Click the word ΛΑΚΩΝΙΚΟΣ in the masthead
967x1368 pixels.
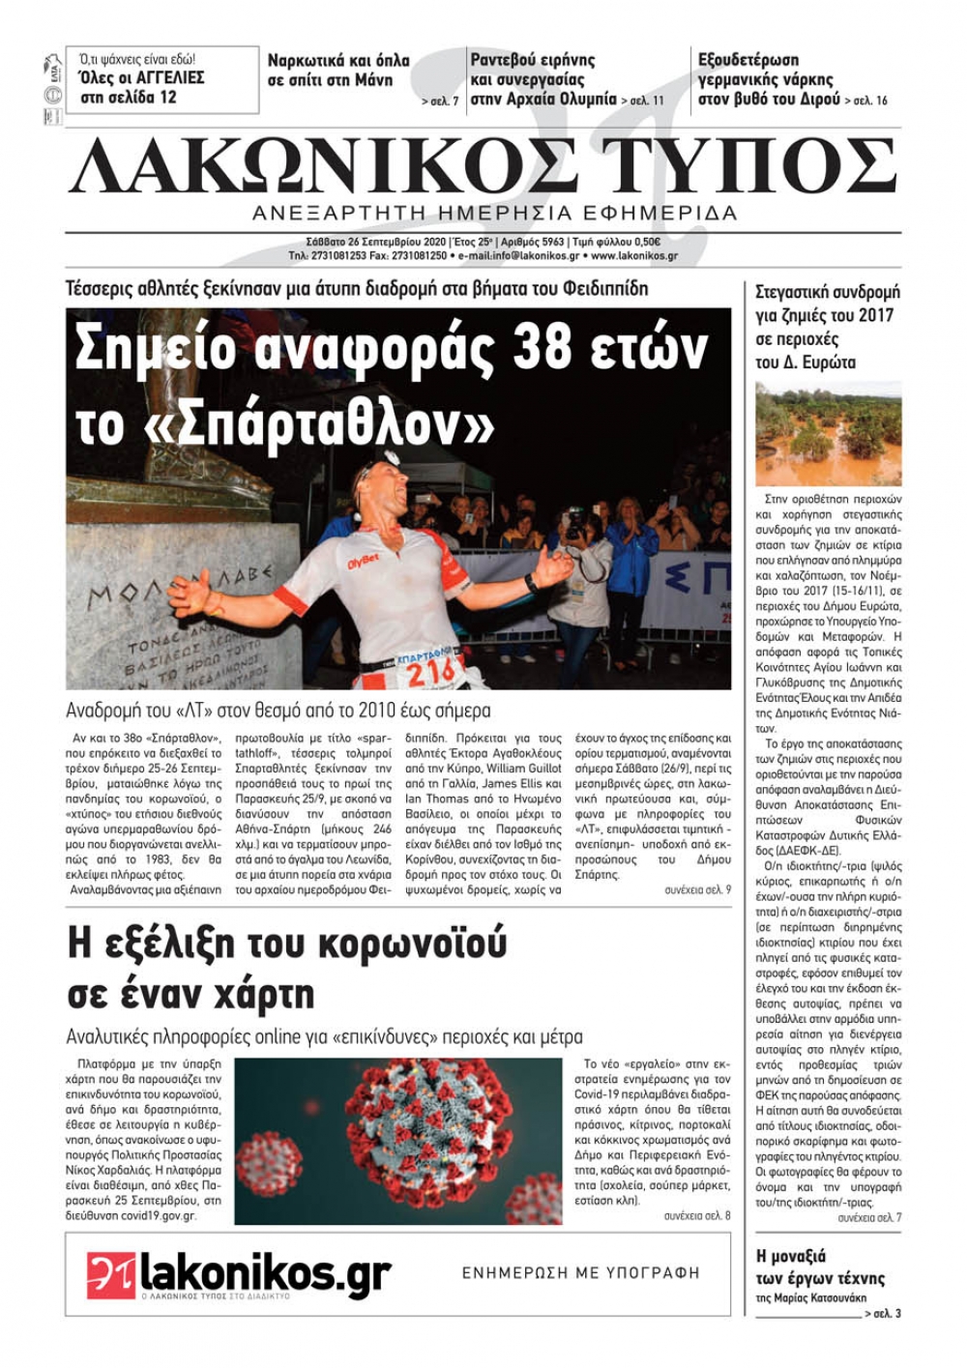tap(324, 166)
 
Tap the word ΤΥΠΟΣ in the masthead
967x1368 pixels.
tap(752, 166)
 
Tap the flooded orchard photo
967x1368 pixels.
tap(828, 433)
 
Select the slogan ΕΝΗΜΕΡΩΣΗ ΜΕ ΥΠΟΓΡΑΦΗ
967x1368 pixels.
tap(580, 1273)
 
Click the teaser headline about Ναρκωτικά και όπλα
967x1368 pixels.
tap(338, 70)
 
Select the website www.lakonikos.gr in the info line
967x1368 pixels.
tap(633, 256)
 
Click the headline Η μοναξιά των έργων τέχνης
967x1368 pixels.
tap(820, 1266)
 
